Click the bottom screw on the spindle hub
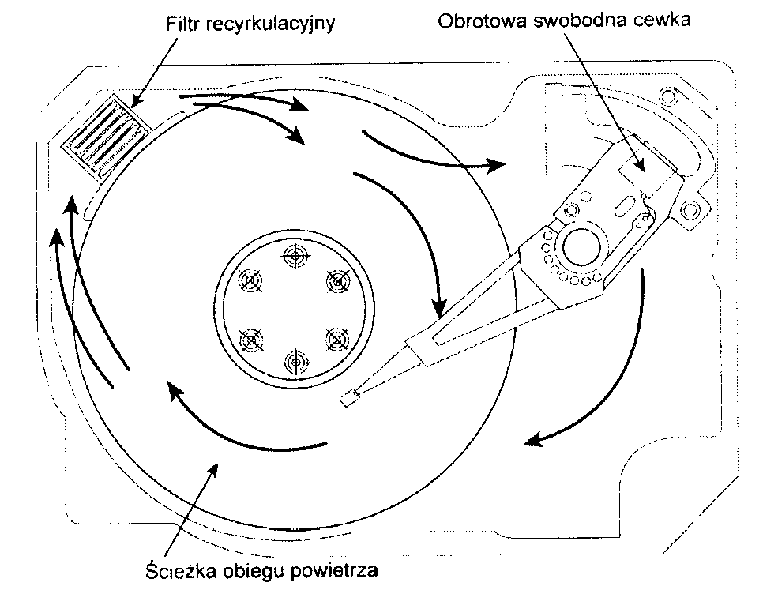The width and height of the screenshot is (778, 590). click(295, 362)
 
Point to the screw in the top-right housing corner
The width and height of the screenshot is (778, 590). click(670, 96)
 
